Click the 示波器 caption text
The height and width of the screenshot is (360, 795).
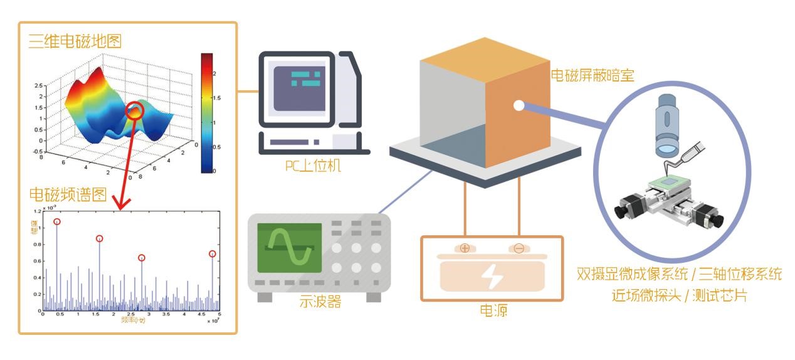click(320, 302)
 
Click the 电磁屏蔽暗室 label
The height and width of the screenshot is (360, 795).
click(592, 76)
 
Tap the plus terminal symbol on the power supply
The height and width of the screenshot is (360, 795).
click(465, 248)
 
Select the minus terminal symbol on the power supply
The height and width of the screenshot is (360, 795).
click(519, 248)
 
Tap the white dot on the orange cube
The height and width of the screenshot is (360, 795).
click(519, 105)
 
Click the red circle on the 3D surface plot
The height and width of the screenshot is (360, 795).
click(135, 111)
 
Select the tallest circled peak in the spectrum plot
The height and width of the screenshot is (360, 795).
click(57, 221)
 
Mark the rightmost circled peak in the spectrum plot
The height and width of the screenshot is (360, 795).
click(213, 254)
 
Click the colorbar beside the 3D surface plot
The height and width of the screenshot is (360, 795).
click(208, 112)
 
